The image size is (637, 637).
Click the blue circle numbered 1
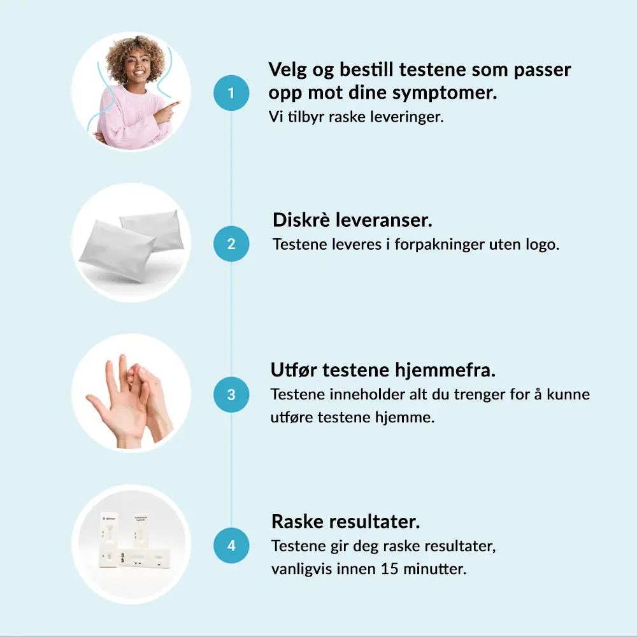pos(231,92)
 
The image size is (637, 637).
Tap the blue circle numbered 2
pos(231,244)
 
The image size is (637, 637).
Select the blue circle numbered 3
pos(231,394)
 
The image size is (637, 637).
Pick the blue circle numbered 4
pos(231,545)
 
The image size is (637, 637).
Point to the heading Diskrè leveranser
pos(352,220)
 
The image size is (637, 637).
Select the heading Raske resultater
pos(345,521)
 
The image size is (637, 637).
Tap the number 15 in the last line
pos(389,568)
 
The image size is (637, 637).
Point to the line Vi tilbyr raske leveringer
pos(356,117)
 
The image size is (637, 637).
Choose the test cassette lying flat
pos(145,559)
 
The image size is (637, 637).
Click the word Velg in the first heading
pos(288,70)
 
